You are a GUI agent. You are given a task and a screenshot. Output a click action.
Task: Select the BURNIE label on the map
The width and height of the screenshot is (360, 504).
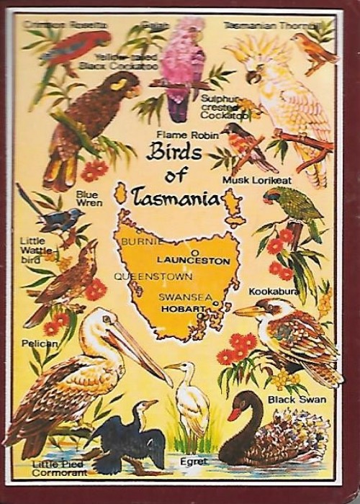click(139, 241)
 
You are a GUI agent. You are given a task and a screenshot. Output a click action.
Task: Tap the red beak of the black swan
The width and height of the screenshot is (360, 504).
click(235, 414)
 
